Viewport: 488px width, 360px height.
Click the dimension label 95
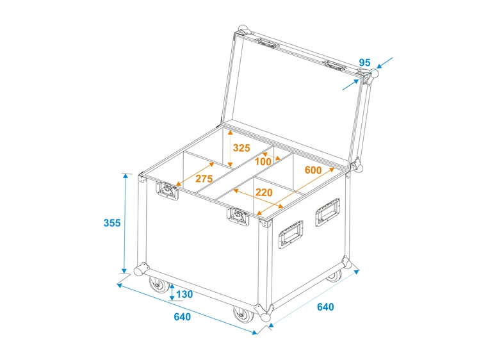pyautogui.click(x=364, y=63)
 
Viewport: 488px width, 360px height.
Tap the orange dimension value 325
pyautogui.click(x=241, y=148)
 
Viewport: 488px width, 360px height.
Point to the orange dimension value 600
pyautogui.click(x=313, y=170)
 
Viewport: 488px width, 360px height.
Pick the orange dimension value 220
pyautogui.click(x=263, y=192)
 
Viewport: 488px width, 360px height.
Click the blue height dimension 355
pyautogui.click(x=112, y=223)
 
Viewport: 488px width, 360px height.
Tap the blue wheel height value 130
pyautogui.click(x=184, y=294)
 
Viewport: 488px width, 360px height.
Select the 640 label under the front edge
pyautogui.click(x=182, y=317)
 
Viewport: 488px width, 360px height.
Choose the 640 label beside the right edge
pyautogui.click(x=325, y=307)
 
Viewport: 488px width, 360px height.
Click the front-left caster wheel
pyautogui.click(x=156, y=284)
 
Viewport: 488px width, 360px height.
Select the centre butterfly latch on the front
pyautogui.click(x=237, y=217)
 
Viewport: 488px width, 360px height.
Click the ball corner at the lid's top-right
pyautogui.click(x=373, y=74)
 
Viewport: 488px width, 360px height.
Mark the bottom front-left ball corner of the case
pyautogui.click(x=140, y=268)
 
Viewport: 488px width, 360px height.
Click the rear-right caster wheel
pyautogui.click(x=334, y=276)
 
